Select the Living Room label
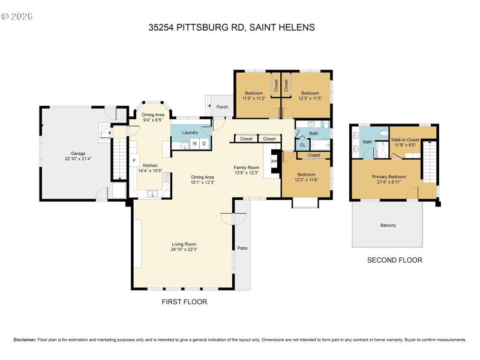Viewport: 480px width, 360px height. (x=184, y=244)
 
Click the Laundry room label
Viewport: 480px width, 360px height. (x=190, y=133)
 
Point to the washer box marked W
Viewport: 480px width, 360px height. (x=194, y=143)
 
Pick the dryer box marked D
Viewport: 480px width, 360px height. (x=204, y=143)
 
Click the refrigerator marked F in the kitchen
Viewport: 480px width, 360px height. (x=134, y=161)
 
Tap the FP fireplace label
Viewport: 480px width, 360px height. (x=274, y=161)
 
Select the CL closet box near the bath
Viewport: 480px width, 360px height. (x=302, y=145)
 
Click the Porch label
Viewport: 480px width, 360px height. (x=222, y=107)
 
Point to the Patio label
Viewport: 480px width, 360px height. (x=242, y=248)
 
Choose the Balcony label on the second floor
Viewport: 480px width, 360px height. (x=388, y=225)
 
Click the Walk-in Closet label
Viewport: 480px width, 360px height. (x=404, y=139)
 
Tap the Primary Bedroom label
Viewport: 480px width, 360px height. (x=389, y=176)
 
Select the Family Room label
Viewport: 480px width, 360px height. (x=246, y=167)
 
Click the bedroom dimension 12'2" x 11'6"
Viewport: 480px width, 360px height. (x=306, y=179)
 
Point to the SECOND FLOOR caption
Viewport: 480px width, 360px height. (x=395, y=260)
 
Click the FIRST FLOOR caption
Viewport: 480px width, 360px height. (x=184, y=302)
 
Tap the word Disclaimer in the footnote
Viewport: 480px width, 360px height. (x=25, y=340)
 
